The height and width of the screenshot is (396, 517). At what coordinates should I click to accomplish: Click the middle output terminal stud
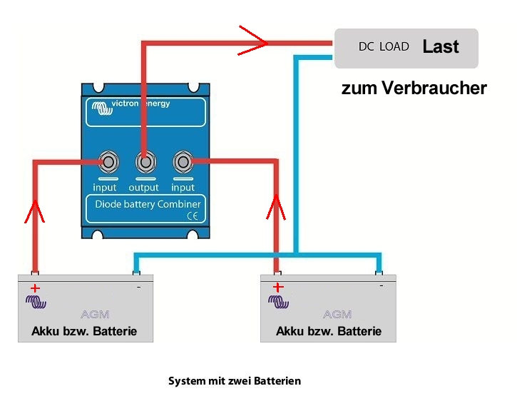pyautogui.click(x=145, y=163)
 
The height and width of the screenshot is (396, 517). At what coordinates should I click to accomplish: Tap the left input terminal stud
pyautogui.click(x=108, y=163)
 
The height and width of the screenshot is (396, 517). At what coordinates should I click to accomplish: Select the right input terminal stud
pyautogui.click(x=183, y=163)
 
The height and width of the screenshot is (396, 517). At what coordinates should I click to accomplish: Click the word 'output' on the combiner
pyautogui.click(x=143, y=188)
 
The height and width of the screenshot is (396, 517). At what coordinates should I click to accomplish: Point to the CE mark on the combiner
pyautogui.click(x=193, y=217)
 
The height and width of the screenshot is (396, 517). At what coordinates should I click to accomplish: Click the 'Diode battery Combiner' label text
pyautogui.click(x=148, y=204)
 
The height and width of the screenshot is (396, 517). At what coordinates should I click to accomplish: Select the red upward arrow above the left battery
pyautogui.click(x=34, y=210)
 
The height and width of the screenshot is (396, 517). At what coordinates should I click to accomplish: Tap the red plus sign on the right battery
pyautogui.click(x=279, y=288)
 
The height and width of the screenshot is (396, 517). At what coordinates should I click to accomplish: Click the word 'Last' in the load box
pyautogui.click(x=441, y=47)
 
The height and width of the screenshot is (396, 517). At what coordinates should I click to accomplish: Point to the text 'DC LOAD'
pyautogui.click(x=384, y=47)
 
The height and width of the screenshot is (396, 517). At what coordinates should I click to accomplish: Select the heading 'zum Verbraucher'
pyautogui.click(x=414, y=88)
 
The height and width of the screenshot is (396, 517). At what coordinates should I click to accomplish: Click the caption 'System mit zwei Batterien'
pyautogui.click(x=235, y=381)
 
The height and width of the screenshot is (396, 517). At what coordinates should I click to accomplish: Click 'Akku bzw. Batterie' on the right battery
pyautogui.click(x=329, y=331)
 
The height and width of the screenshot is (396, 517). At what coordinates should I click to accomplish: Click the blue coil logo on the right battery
pyautogui.click(x=279, y=302)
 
